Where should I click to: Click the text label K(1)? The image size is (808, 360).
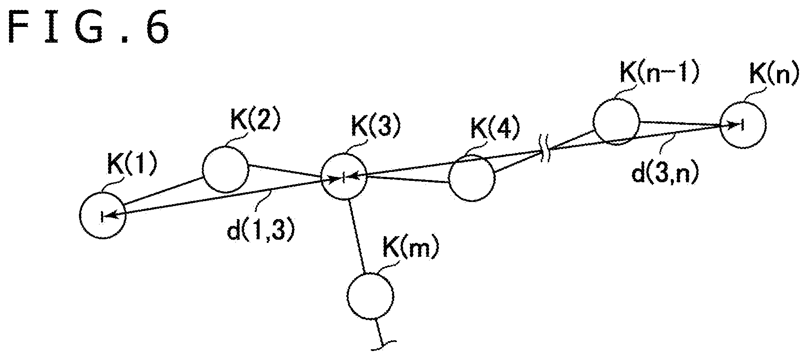click(x=132, y=167)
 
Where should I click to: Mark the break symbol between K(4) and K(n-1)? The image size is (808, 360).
click(x=545, y=151)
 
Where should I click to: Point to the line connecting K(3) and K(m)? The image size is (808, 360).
click(x=358, y=236)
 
